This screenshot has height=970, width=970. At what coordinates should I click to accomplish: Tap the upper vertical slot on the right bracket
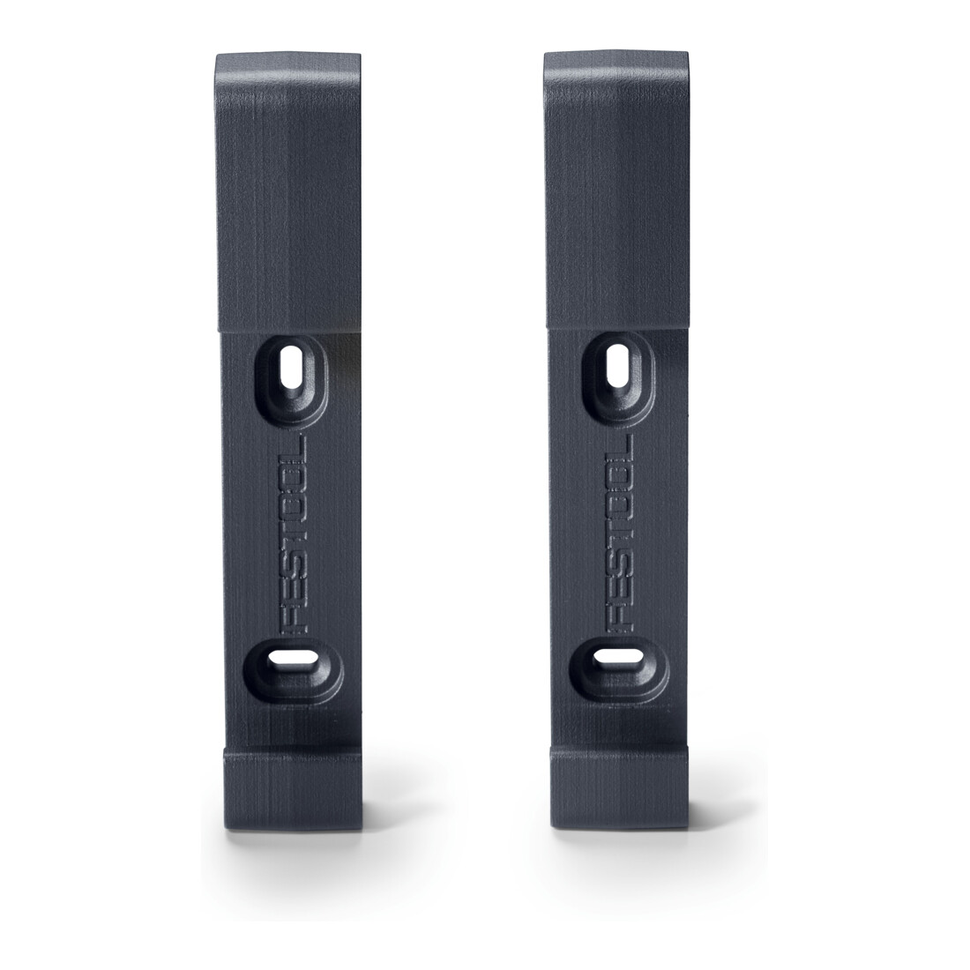[x=618, y=365]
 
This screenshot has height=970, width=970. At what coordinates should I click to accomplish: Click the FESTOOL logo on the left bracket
[x=293, y=534]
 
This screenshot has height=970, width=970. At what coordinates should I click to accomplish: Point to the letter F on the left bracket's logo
[x=294, y=621]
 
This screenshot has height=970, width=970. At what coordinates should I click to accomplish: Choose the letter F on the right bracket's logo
[x=620, y=619]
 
